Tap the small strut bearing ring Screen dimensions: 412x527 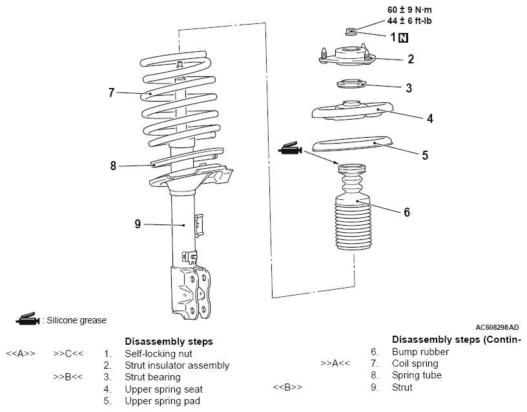[349, 84]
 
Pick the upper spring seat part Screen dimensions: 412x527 [353, 111]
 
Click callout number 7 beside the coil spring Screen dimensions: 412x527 [112, 93]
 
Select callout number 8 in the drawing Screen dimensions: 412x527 [114, 166]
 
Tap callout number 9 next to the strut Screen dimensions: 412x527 [138, 224]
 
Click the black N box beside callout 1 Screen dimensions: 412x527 [404, 38]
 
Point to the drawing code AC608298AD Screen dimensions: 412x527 [496, 328]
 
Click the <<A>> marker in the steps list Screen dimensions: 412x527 [20, 354]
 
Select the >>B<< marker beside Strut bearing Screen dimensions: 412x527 [68, 377]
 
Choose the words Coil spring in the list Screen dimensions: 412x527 [415, 363]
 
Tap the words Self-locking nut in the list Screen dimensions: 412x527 [158, 354]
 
